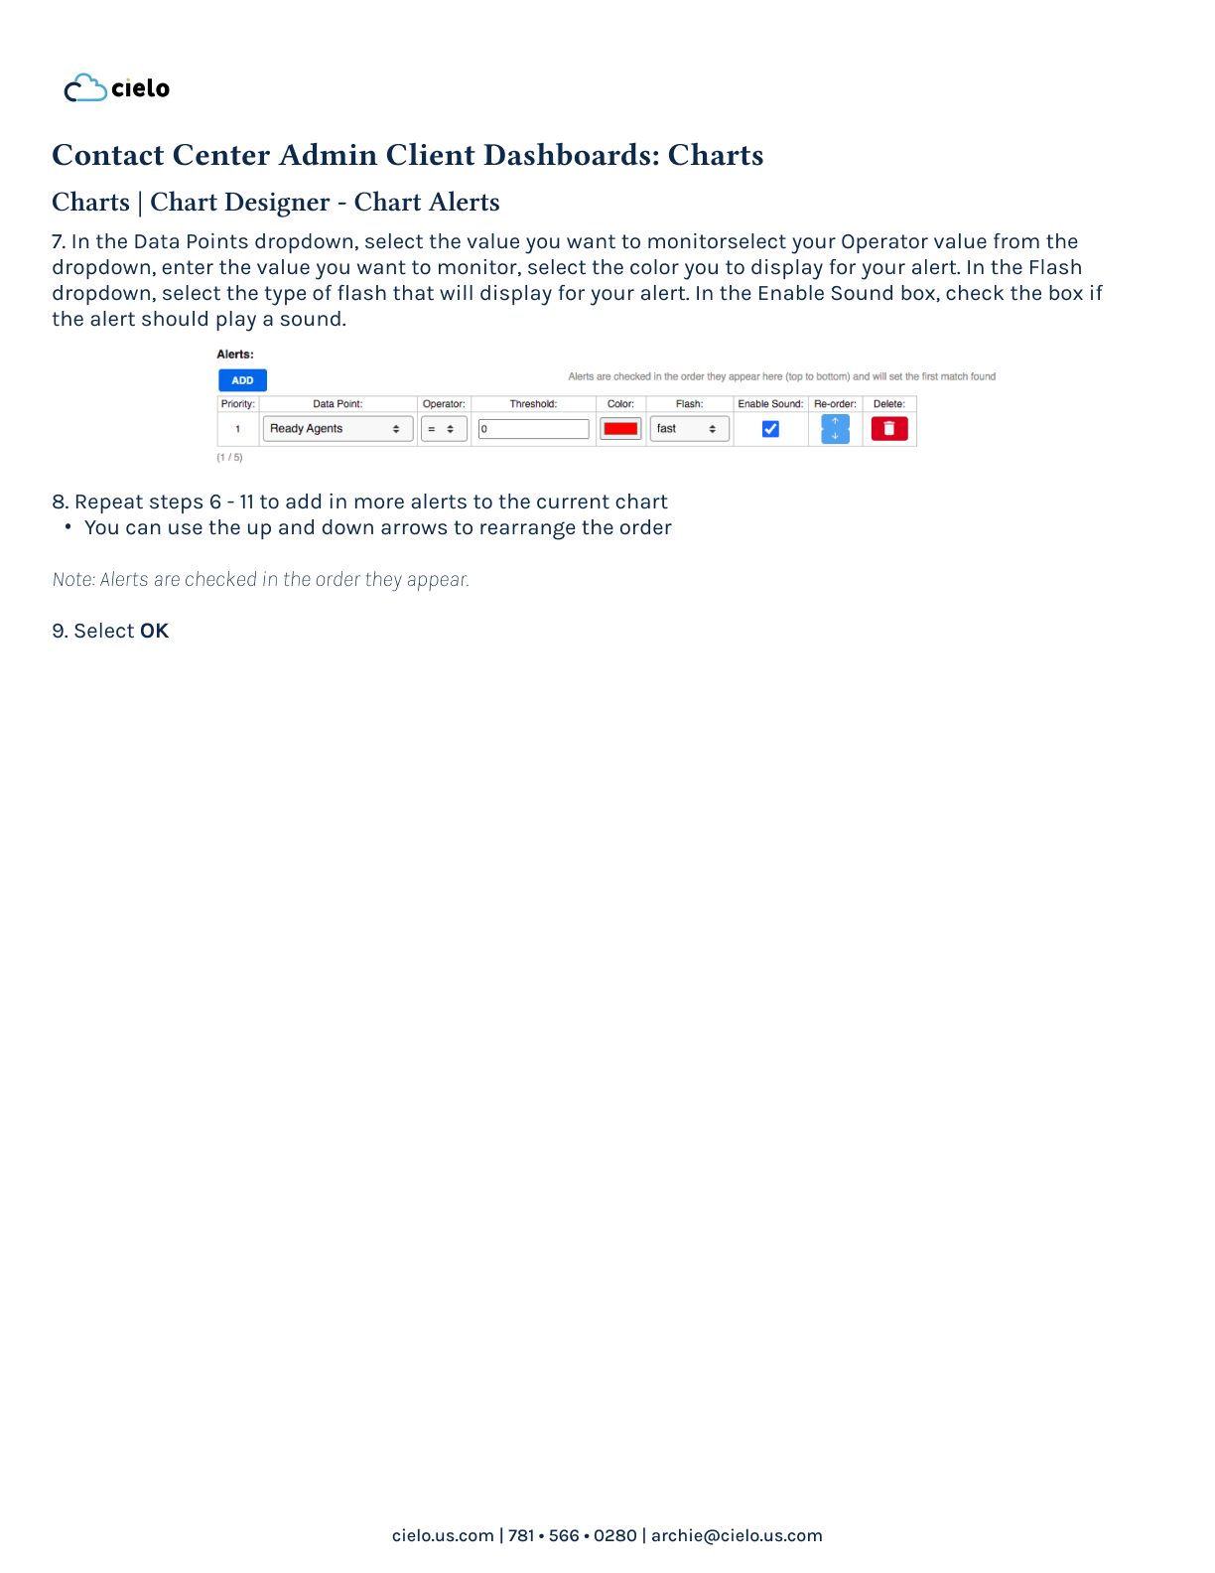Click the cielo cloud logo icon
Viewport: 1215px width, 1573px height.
[85, 88]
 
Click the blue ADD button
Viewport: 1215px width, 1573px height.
[242, 380]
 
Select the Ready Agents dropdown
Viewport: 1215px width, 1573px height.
[337, 429]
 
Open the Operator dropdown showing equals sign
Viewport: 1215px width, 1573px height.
[443, 429]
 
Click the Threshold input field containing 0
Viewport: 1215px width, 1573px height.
[533, 429]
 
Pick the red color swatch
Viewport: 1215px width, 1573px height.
[620, 429]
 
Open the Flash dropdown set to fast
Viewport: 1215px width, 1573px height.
[688, 429]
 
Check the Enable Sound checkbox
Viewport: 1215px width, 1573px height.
[770, 429]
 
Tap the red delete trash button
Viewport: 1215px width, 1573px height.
[889, 429]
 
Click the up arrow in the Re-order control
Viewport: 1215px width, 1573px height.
[835, 422]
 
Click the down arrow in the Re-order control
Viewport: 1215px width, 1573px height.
[835, 436]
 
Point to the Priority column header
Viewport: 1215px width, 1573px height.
[238, 404]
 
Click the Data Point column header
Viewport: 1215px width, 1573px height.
[337, 404]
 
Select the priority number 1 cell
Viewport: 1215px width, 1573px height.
[238, 429]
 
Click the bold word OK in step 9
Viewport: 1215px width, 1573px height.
[154, 632]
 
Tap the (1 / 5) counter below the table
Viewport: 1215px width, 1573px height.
[229, 458]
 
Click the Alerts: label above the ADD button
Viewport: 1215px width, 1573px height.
[235, 355]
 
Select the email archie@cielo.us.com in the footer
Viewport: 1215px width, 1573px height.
[737, 1535]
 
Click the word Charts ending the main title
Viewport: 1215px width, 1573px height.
[715, 156]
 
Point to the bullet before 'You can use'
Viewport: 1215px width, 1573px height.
[67, 527]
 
